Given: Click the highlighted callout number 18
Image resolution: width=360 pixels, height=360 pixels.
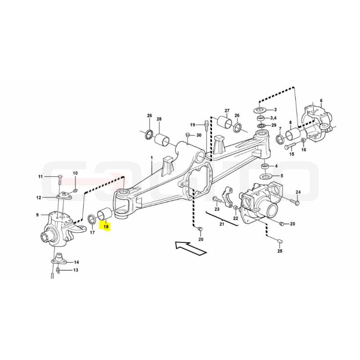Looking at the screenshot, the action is [x=106, y=227].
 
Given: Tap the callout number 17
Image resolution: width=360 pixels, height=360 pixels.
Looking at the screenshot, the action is [x=92, y=233].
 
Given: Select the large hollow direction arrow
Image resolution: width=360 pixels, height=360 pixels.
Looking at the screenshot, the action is [x=190, y=248].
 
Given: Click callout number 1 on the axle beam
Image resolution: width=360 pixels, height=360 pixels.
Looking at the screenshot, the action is [x=152, y=158].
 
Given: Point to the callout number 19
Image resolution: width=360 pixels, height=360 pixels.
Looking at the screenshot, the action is [x=193, y=125].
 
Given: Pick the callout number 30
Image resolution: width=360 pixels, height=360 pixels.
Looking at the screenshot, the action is [x=198, y=135].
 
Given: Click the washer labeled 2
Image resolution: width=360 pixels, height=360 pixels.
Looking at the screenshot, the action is [x=260, y=110].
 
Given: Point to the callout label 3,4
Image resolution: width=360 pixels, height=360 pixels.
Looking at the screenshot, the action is [x=273, y=118].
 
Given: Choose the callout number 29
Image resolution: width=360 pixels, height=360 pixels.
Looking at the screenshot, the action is [x=274, y=125].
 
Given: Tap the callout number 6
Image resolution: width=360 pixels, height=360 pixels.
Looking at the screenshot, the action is [x=321, y=100].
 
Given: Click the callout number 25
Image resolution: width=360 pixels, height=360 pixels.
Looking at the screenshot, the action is [x=279, y=251].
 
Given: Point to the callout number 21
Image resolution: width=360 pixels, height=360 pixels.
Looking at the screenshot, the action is [x=221, y=224].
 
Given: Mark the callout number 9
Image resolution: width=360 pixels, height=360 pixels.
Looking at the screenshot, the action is [x=37, y=215].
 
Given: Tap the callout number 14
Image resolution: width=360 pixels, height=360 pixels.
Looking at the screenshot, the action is [x=76, y=262].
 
